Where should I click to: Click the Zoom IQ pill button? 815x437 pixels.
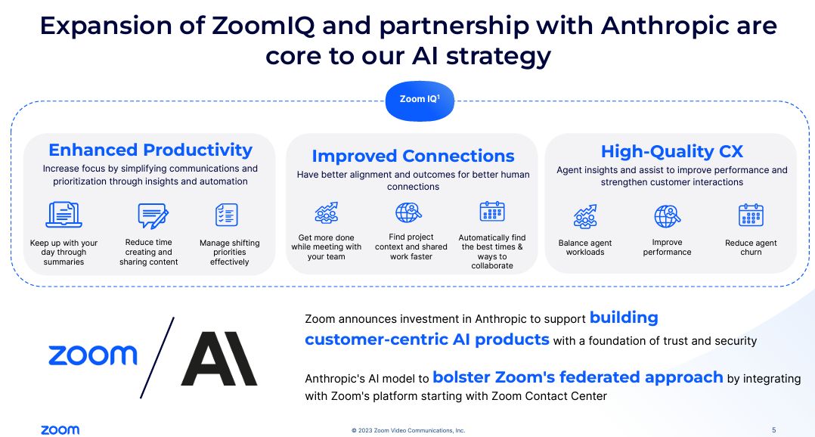(420, 100)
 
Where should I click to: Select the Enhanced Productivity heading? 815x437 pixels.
(150, 150)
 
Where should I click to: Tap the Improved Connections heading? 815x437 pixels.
(413, 156)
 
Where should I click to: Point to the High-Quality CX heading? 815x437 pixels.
(671, 151)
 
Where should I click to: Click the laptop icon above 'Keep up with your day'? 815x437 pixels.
(64, 215)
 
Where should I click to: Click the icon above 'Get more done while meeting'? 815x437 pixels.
(327, 212)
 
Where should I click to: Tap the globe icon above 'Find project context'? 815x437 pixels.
(409, 212)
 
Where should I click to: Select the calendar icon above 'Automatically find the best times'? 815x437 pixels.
(492, 212)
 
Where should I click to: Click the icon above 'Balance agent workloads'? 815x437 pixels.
(585, 217)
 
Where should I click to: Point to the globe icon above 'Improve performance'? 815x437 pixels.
(668, 217)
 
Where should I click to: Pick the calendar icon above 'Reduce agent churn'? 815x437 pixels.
(751, 216)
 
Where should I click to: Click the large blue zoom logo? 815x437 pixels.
(93, 355)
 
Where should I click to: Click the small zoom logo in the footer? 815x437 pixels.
(60, 430)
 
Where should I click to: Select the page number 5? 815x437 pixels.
(773, 430)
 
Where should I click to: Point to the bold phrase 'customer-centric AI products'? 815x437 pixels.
(427, 339)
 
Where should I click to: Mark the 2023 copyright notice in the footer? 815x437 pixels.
(408, 430)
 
